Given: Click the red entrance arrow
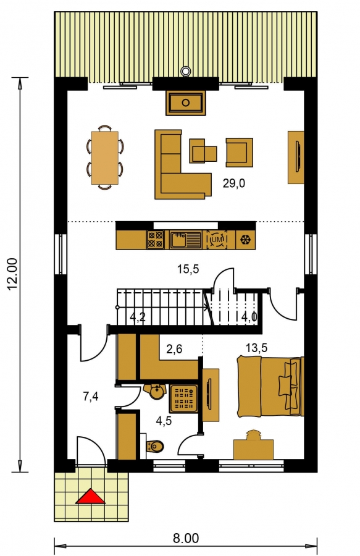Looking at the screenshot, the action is point(90,496).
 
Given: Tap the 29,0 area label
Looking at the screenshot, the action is point(234,183).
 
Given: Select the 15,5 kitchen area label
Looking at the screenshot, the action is point(188,269).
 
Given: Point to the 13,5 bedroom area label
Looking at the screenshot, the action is point(256,348).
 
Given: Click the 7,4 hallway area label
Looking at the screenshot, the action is point(91,397).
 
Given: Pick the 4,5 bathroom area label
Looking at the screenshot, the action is point(164,421).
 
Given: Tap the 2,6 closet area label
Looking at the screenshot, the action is point(174,349).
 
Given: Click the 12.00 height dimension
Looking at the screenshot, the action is point(13,274).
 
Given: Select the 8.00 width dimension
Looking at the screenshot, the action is point(186,538).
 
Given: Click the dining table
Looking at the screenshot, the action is point(105,158).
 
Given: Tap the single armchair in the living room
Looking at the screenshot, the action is point(239,153).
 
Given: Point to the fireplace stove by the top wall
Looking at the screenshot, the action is point(186,103).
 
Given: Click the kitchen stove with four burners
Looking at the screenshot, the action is point(156,239).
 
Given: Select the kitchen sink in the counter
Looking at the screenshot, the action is point(186,239).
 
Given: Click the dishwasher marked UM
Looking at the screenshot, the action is point(217,240).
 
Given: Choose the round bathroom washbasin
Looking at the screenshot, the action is point(156,392).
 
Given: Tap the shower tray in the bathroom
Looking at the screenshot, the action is point(183,398).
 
